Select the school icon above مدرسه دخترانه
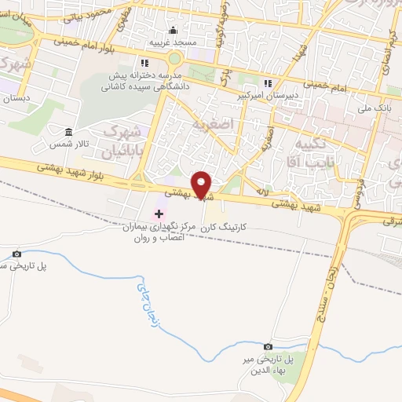pyautogui.click(x=144, y=64)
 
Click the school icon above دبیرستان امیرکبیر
pyautogui.click(x=268, y=83)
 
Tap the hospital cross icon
pyautogui.click(x=159, y=213)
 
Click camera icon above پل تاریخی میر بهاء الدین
pyautogui.click(x=268, y=346)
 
